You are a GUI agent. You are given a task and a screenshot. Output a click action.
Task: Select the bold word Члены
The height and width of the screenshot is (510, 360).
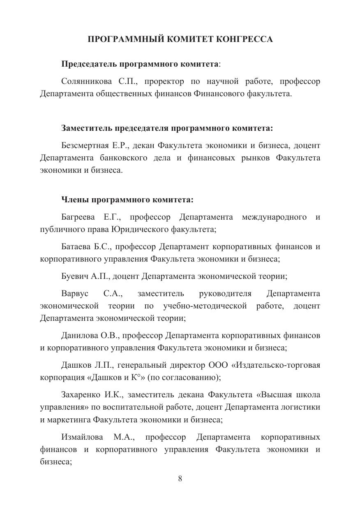click(x=75, y=200)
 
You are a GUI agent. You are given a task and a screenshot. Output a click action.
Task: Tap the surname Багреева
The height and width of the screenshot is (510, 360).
click(x=78, y=217)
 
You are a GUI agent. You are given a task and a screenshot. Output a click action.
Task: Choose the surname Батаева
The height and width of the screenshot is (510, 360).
click(x=76, y=247)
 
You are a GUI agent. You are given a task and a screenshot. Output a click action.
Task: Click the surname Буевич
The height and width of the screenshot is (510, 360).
click(x=75, y=276)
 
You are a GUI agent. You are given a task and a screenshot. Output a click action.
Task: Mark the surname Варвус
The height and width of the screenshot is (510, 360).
click(x=75, y=294)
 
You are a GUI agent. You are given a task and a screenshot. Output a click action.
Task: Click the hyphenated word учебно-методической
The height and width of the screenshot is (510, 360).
click(x=205, y=306)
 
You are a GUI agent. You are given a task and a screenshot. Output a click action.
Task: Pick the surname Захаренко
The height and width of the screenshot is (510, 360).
click(x=81, y=395)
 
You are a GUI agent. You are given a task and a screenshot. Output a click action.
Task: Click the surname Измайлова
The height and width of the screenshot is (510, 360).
click(x=82, y=437)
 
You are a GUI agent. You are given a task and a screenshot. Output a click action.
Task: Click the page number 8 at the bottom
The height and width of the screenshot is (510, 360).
click(x=180, y=478)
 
